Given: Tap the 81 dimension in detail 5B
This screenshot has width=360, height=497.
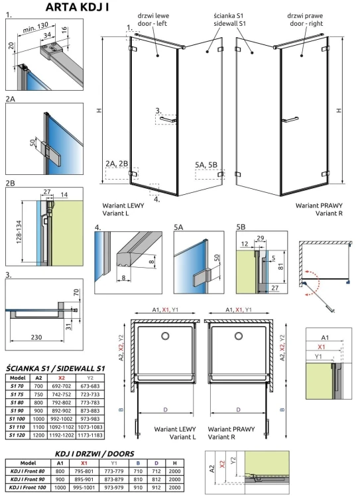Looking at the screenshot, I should point(282,267).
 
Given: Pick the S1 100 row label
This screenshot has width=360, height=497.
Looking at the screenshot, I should point(17,419).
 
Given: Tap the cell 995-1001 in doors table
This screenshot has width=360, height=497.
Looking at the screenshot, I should point(84,488).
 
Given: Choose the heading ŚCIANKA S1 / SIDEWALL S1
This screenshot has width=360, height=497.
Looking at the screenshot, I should point(54,367).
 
